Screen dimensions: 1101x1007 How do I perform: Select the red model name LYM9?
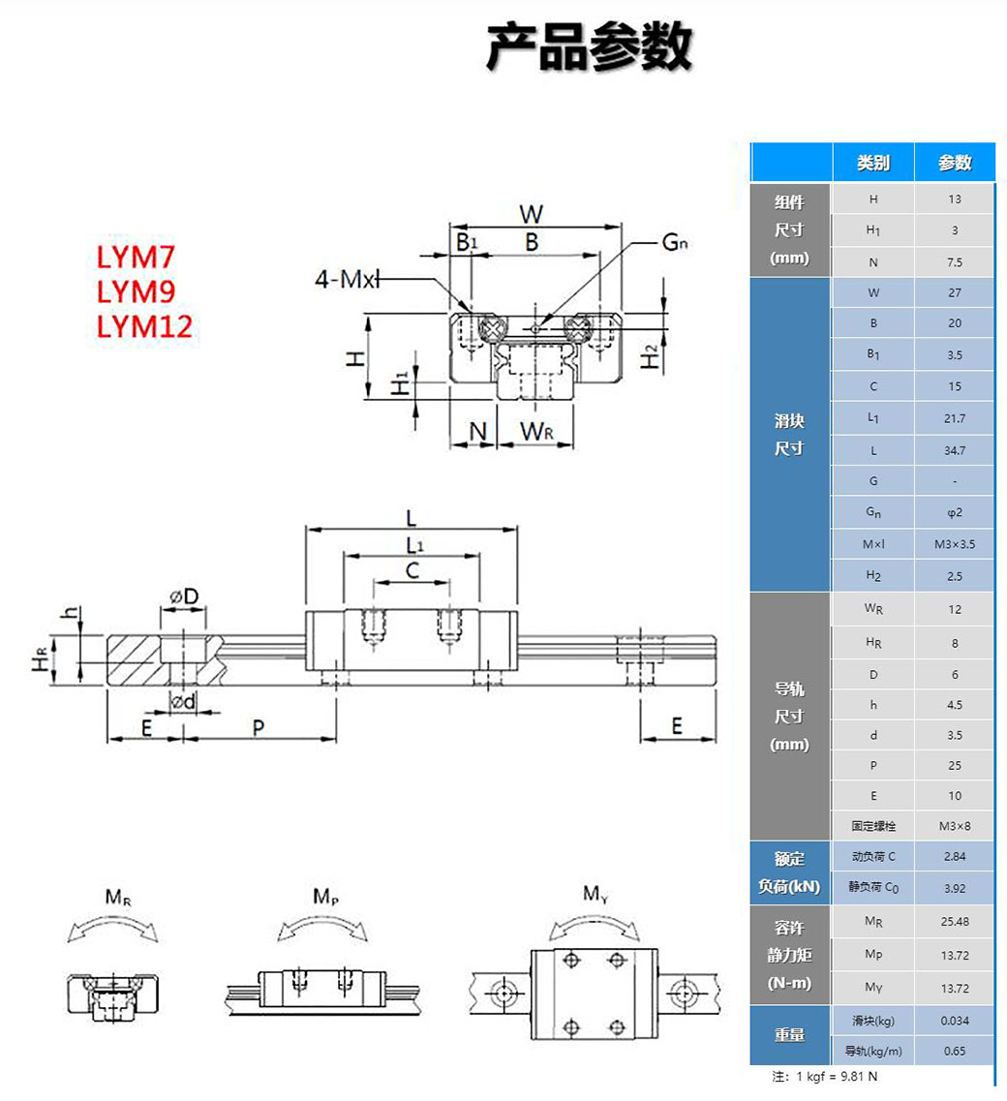tap(137, 291)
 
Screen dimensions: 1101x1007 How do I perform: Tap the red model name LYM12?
tap(145, 325)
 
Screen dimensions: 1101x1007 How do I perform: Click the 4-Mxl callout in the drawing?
tap(346, 281)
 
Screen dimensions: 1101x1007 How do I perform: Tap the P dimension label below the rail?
tap(259, 727)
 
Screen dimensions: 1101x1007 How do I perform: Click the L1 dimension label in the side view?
tap(413, 545)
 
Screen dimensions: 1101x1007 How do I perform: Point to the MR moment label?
tap(118, 898)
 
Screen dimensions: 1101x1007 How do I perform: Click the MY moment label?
tap(595, 894)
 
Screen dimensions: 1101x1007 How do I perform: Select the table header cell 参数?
tap(955, 163)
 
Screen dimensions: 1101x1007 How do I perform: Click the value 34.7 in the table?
tap(955, 450)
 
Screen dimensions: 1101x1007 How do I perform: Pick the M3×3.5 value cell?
tap(955, 544)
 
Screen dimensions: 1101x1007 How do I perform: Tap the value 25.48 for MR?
tap(955, 921)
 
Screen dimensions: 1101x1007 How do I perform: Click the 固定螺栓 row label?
tap(873, 826)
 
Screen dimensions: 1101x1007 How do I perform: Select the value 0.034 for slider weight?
tap(955, 1021)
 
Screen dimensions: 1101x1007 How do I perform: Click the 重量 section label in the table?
tap(790, 1035)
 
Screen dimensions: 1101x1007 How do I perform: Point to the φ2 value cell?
tap(955, 512)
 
